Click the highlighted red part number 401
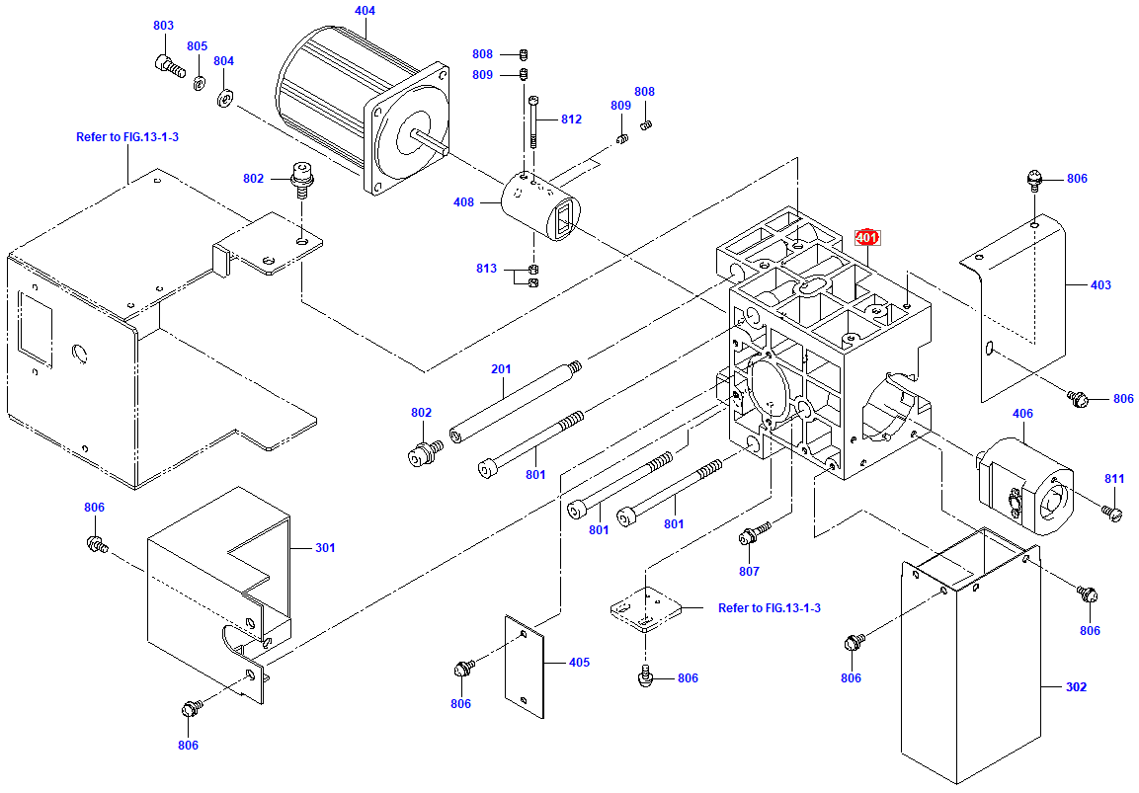coord(866,238)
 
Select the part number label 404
coord(365,11)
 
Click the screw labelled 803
coord(169,66)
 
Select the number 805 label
coord(197,46)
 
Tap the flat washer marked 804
coord(223,97)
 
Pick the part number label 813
coord(485,269)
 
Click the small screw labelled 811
coord(1112,512)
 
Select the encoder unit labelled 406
coord(1027,484)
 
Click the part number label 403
coord(1099,285)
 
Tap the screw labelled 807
coord(751,536)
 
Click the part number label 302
coord(1076,686)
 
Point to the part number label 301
coord(325,548)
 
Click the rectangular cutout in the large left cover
coord(36,324)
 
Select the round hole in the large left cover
coord(79,354)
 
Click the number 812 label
coord(571,119)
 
